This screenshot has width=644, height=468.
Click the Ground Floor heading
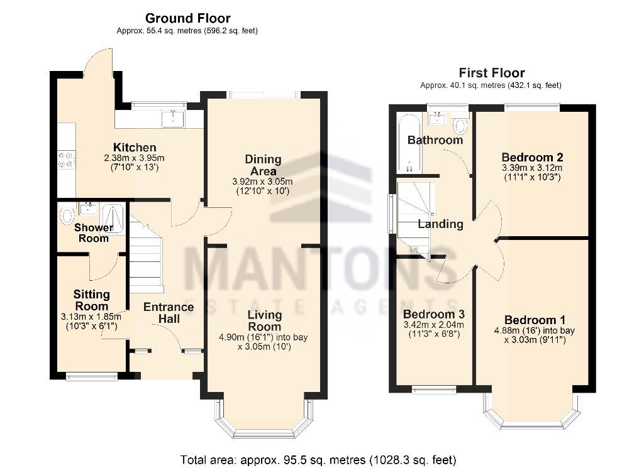187,18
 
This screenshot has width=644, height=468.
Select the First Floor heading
491,73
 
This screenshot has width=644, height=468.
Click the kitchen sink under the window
172,118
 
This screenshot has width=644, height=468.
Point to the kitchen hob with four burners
66,160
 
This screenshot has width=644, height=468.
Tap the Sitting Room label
91,300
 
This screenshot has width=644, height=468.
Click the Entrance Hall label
169,313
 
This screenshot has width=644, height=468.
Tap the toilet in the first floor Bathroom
461,126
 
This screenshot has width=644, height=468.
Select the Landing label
440,224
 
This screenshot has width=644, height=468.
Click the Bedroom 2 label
532,157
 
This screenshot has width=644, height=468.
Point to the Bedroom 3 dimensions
433,329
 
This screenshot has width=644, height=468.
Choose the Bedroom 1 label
530,320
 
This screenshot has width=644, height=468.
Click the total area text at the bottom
318,459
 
